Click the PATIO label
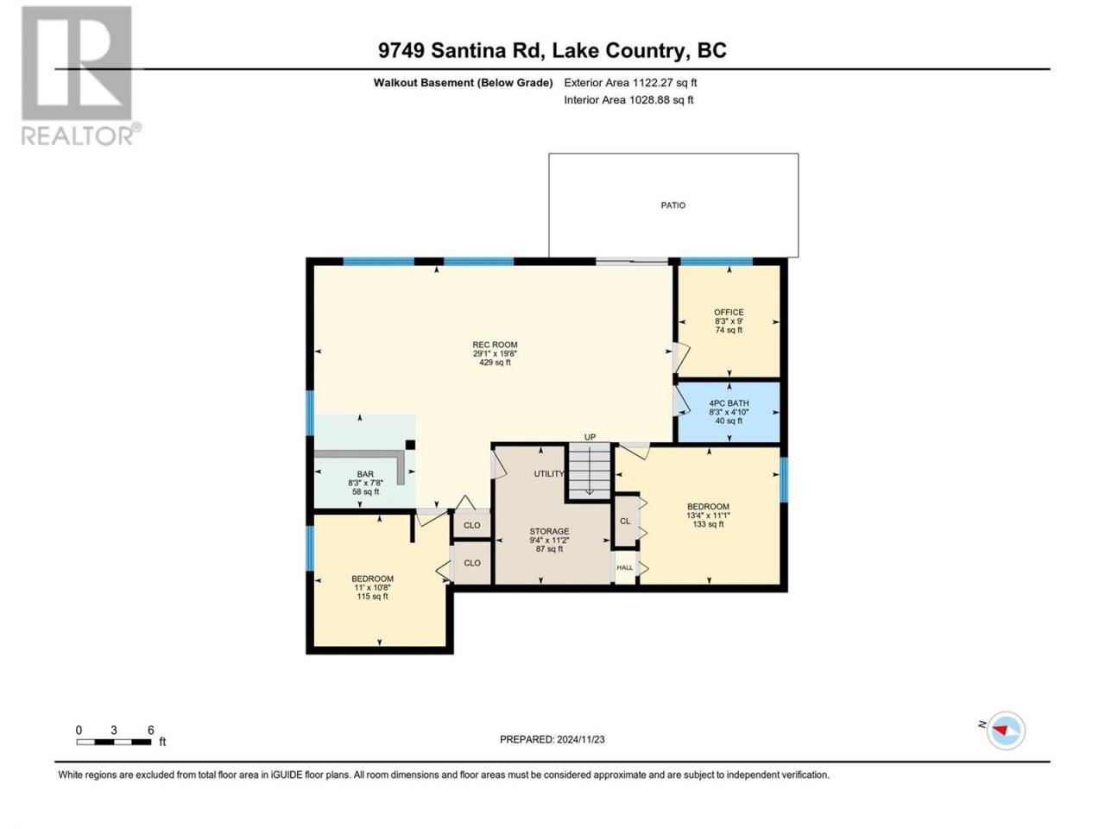click(x=672, y=206)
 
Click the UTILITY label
click(x=549, y=473)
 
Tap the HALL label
click(x=625, y=567)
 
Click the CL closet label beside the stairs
click(x=625, y=521)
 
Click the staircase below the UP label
click(x=589, y=471)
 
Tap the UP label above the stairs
click(x=590, y=437)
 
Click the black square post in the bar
click(x=410, y=445)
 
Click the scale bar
click(x=114, y=742)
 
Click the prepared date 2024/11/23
click(x=580, y=739)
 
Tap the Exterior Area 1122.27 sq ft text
click(x=630, y=83)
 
